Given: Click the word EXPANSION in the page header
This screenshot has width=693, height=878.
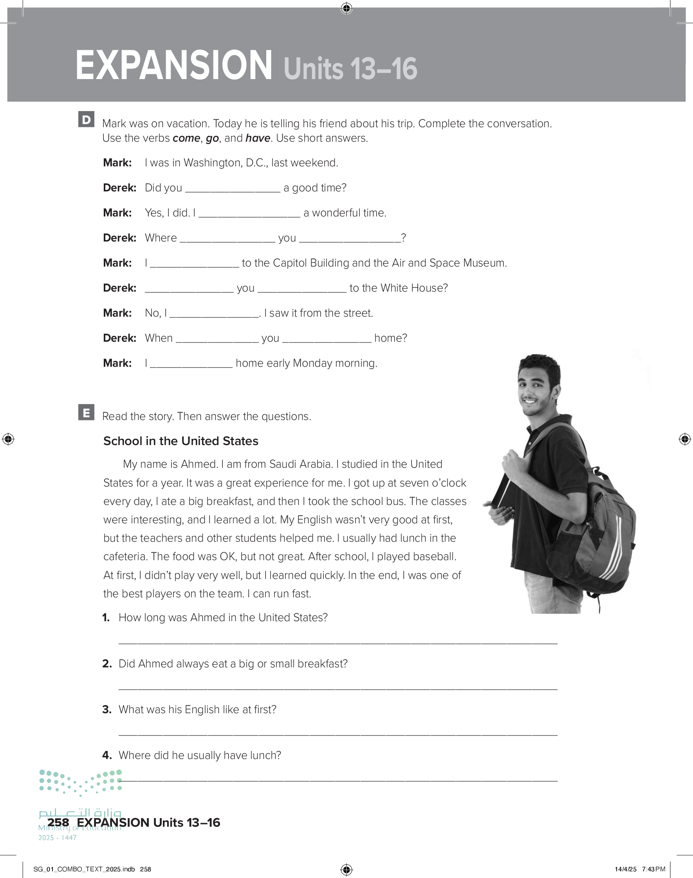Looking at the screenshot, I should [174, 66].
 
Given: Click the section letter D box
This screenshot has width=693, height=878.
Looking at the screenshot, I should [87, 120].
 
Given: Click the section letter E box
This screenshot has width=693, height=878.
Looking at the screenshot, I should [87, 413].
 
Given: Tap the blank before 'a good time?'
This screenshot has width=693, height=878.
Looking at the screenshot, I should [233, 189].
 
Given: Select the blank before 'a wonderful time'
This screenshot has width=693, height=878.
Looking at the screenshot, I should [249, 214].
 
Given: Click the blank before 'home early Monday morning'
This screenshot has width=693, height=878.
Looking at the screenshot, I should [191, 364].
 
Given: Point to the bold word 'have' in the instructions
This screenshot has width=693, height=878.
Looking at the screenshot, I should [258, 138].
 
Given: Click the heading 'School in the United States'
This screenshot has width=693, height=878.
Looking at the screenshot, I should [180, 441].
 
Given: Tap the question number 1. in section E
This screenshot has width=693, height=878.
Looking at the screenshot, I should [106, 617].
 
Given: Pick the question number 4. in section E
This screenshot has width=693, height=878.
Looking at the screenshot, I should [107, 755].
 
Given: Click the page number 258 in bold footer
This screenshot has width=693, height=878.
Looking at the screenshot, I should [58, 822].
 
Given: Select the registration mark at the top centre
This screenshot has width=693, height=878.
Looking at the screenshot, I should [346, 8].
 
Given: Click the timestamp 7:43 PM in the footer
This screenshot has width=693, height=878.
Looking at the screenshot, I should [653, 869].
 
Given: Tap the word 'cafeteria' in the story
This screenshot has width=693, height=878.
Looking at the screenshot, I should [125, 556].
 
